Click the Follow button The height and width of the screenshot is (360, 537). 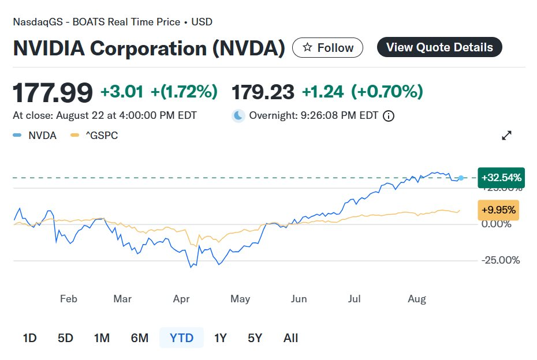pyautogui.click(x=327, y=48)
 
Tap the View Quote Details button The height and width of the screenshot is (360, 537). pyautogui.click(x=439, y=47)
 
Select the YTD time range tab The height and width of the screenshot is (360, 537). pyautogui.click(x=181, y=338)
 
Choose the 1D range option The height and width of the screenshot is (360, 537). pyautogui.click(x=29, y=338)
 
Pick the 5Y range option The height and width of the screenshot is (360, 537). pyautogui.click(x=255, y=338)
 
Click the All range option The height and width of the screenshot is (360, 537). pyautogui.click(x=291, y=338)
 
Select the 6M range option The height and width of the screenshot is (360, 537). pyautogui.click(x=140, y=338)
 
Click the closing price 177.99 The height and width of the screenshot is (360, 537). pyautogui.click(x=53, y=92)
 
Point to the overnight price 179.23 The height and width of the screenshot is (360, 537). pyautogui.click(x=263, y=92)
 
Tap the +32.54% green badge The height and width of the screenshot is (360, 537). pyautogui.click(x=501, y=178)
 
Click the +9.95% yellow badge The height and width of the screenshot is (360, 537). pyautogui.click(x=499, y=209)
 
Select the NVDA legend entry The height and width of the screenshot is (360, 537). pyautogui.click(x=35, y=136)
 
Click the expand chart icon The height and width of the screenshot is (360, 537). pyautogui.click(x=507, y=136)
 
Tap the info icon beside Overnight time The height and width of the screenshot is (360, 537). pyautogui.click(x=389, y=116)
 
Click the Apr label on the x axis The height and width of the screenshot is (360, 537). pyautogui.click(x=182, y=299)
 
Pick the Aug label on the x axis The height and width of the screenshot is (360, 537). pyautogui.click(x=417, y=299)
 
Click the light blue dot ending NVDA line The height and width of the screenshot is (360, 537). pyautogui.click(x=461, y=178)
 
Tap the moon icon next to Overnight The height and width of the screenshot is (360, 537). pyautogui.click(x=238, y=116)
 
